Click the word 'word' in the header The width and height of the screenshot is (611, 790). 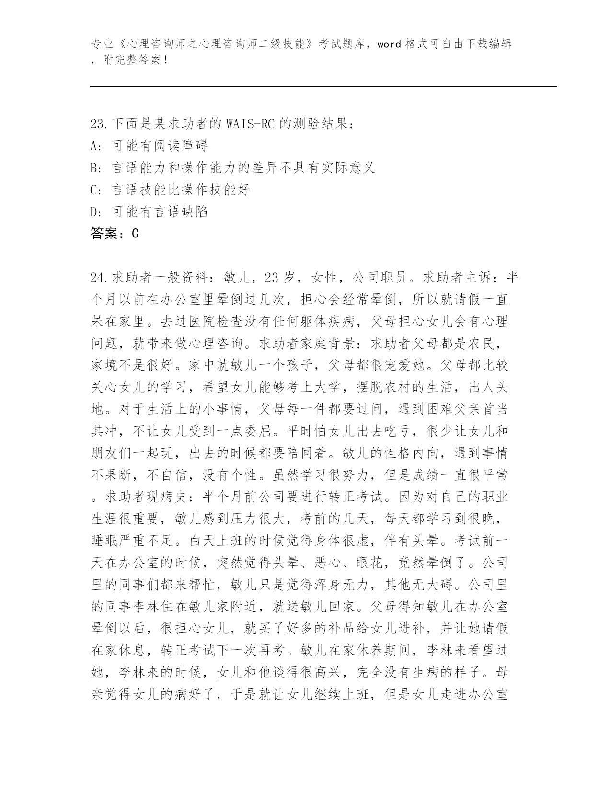389,45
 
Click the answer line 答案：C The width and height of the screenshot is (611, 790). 115,234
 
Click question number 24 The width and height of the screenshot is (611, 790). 99,278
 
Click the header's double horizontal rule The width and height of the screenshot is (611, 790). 323,87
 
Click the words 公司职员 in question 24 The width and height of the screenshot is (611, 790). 379,278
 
